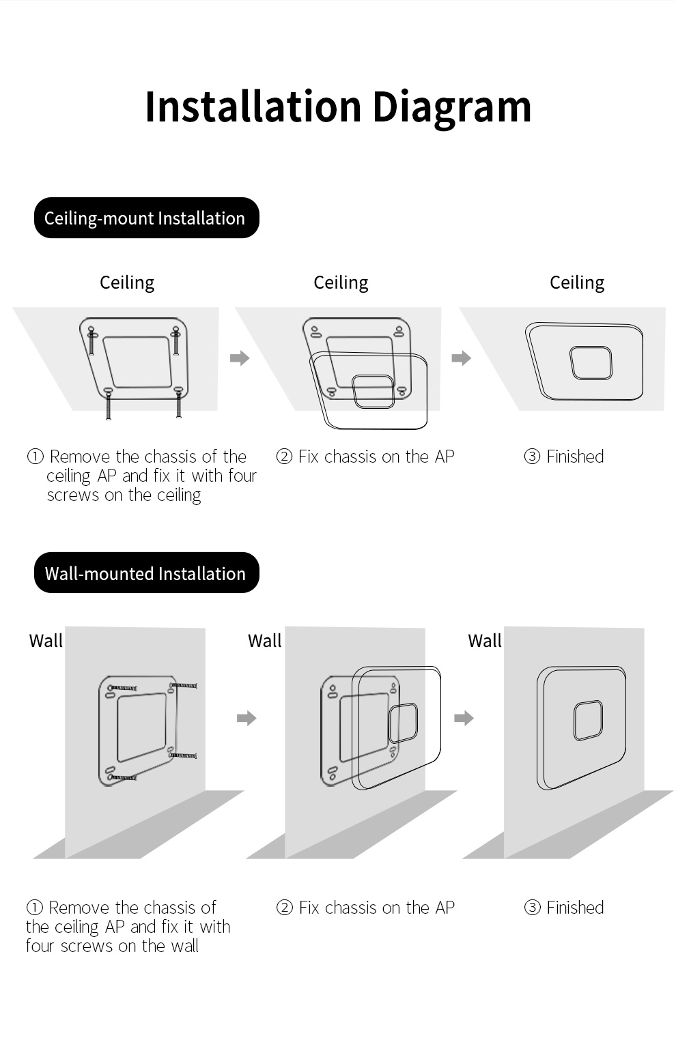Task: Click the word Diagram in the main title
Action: [x=451, y=109]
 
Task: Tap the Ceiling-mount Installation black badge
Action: [x=146, y=218]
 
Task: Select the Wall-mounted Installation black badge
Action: [x=146, y=573]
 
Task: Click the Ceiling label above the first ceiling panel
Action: [x=127, y=283]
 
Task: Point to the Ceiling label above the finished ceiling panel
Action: [x=577, y=283]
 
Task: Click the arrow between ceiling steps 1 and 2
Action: [x=240, y=358]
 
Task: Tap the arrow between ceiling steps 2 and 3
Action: [x=462, y=358]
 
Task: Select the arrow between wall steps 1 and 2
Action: [x=247, y=718]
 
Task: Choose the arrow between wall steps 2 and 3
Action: [x=464, y=718]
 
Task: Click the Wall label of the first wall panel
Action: [x=46, y=641]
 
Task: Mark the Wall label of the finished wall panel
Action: [x=485, y=641]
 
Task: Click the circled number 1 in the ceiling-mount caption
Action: [x=36, y=457]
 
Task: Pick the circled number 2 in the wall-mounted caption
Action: [x=284, y=907]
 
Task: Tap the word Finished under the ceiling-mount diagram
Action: [x=575, y=457]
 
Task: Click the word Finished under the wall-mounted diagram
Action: [x=575, y=907]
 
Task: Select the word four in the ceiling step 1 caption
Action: [x=240, y=476]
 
